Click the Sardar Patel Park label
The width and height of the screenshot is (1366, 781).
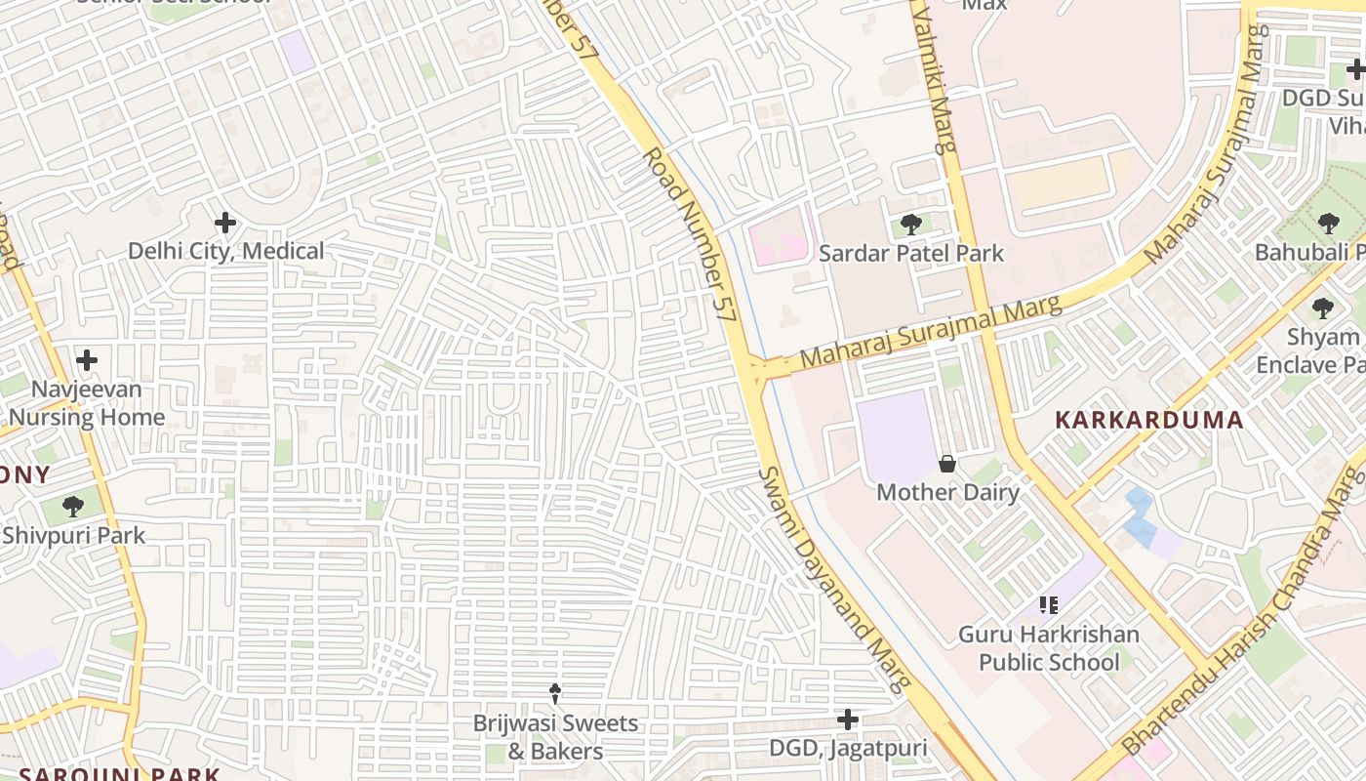tap(910, 254)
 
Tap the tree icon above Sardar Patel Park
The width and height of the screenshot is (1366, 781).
tap(910, 225)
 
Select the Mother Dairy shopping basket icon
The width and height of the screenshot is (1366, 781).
tap(946, 463)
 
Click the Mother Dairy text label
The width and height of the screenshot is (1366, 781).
tap(947, 492)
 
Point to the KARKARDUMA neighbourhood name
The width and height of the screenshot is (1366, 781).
tap(1149, 421)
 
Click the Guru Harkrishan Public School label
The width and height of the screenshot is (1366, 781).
tap(1049, 648)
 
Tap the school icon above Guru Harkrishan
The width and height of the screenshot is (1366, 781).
tap(1049, 605)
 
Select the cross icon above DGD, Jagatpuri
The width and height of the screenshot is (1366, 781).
tap(848, 720)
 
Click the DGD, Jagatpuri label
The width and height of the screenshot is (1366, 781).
tap(848, 750)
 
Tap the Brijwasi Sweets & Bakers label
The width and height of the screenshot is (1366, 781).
tap(555, 737)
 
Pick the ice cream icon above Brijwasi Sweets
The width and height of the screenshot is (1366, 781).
tap(555, 694)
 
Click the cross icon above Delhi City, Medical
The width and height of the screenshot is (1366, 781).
tap(225, 223)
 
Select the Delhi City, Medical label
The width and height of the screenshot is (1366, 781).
tap(225, 252)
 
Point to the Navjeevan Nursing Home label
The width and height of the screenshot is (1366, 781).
tap(88, 403)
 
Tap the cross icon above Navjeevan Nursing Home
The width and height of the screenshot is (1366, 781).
tap(87, 360)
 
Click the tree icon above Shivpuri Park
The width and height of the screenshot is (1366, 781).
tap(72, 506)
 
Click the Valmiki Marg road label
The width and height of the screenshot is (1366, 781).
tap(931, 78)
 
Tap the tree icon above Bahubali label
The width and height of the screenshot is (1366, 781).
tap(1328, 224)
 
